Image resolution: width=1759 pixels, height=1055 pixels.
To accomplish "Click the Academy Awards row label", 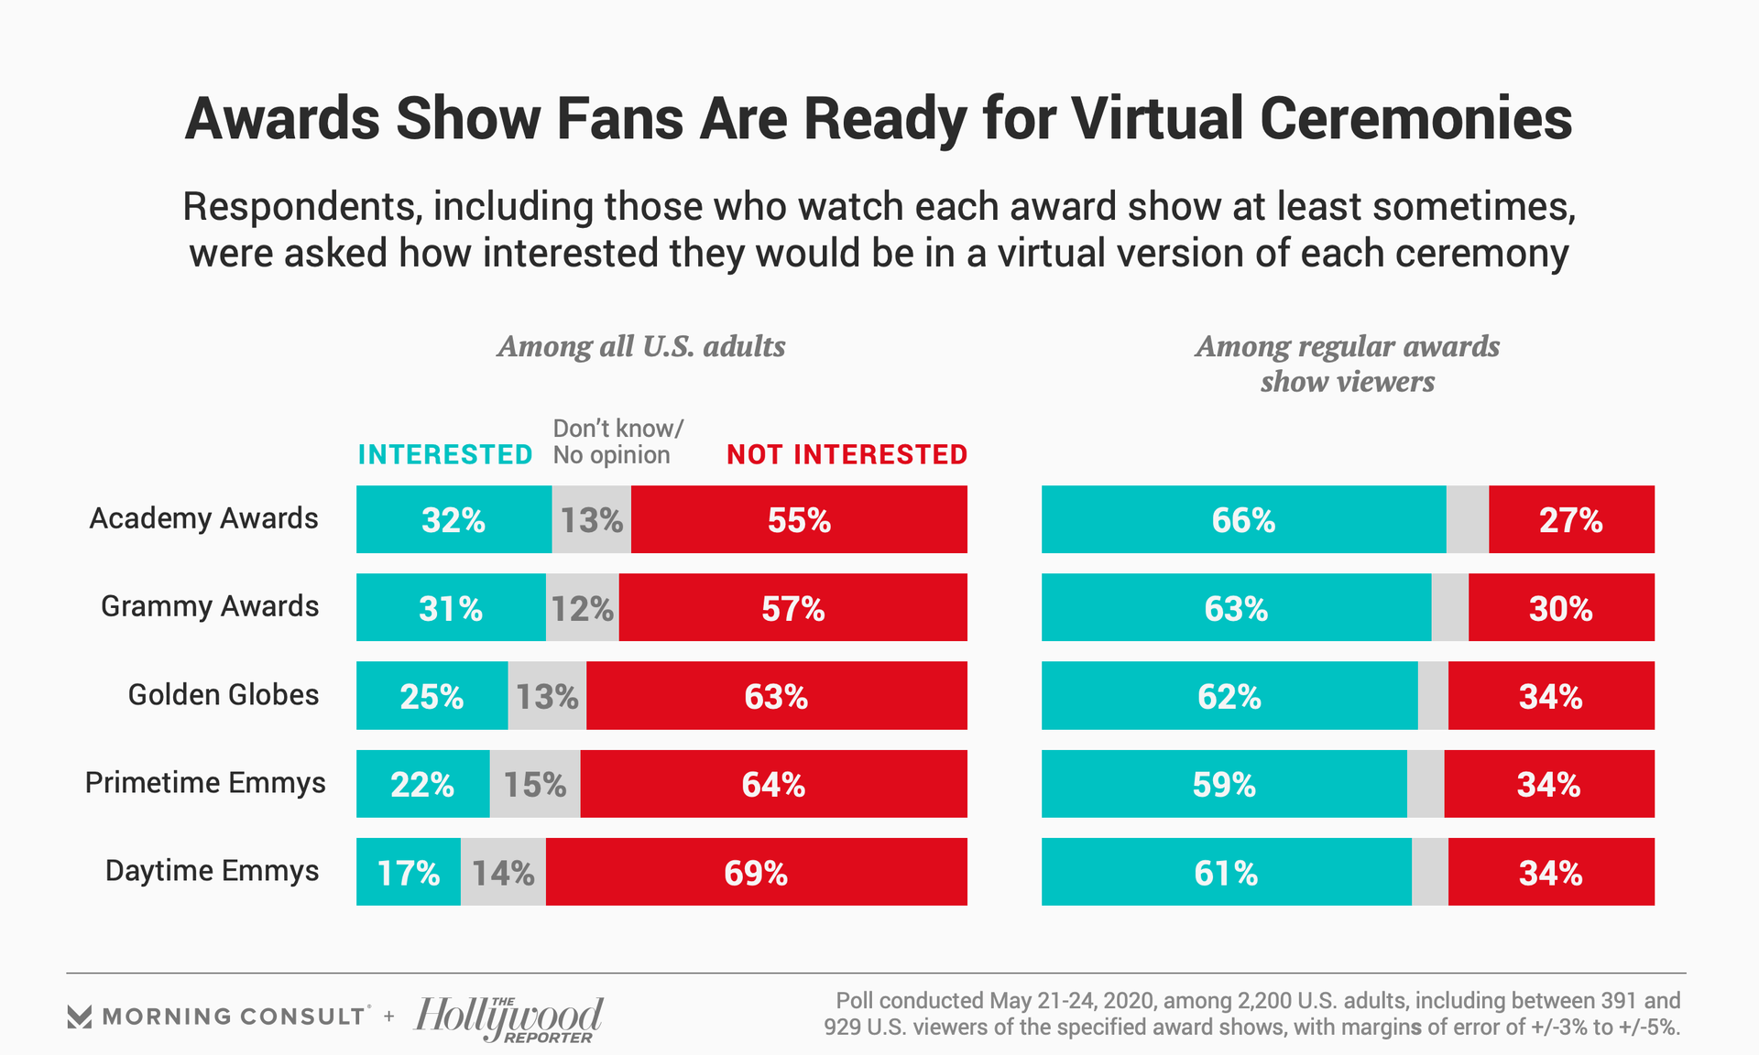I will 203,518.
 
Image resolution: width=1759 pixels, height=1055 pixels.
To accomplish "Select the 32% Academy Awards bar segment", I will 453,519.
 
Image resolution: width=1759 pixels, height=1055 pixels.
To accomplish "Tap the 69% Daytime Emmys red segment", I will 756,872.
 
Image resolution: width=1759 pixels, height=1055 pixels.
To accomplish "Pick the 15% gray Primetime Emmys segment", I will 535,784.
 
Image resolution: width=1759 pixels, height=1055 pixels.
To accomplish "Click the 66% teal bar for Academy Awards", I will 1243,519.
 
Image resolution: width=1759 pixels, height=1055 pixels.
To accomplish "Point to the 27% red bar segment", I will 1571,519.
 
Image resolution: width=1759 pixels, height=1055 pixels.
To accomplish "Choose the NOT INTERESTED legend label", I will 847,454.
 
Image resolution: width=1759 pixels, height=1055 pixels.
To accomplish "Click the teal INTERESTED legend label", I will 445,454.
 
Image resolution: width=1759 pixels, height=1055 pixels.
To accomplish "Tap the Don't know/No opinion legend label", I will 617,441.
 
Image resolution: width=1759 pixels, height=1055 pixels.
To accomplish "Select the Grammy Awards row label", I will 210,606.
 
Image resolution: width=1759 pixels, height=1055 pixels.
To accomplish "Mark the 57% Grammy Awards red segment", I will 793,607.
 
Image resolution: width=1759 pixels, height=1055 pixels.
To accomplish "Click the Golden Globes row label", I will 224,694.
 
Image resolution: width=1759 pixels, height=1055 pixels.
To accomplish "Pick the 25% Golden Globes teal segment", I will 432,696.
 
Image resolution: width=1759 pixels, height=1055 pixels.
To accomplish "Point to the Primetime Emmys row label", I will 205,783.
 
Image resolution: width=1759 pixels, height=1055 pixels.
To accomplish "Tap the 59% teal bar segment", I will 1224,784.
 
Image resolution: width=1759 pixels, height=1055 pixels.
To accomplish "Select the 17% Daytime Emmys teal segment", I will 409,872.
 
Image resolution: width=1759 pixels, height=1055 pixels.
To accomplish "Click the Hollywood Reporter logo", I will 508,1018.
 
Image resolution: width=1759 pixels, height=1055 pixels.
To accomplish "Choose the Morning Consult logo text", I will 234,1017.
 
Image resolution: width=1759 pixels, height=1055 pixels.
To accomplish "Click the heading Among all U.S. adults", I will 641,346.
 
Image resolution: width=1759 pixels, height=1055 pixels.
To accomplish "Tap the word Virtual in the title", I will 1158,119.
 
